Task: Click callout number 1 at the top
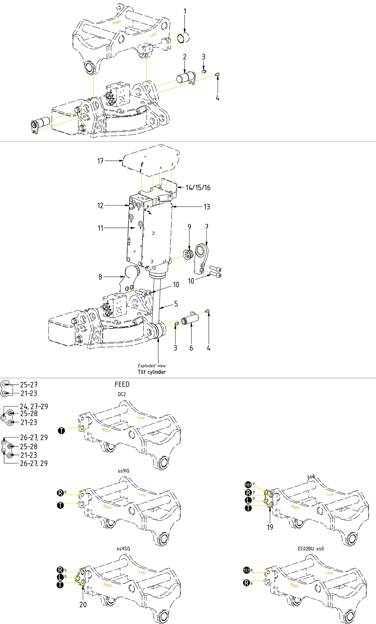185,11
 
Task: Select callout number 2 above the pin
185,57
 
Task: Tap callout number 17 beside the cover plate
100,161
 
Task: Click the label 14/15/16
198,187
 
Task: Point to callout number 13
207,207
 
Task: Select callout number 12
100,206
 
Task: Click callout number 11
100,228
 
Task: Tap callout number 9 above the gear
189,227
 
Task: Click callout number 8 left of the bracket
100,277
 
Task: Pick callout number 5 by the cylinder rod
176,304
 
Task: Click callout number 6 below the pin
191,348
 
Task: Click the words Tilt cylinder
152,372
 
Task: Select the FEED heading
122,384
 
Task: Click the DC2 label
122,394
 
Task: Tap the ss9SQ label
123,548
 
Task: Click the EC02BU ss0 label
311,548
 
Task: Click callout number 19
270,527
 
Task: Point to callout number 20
83,604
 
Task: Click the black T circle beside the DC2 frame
62,431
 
